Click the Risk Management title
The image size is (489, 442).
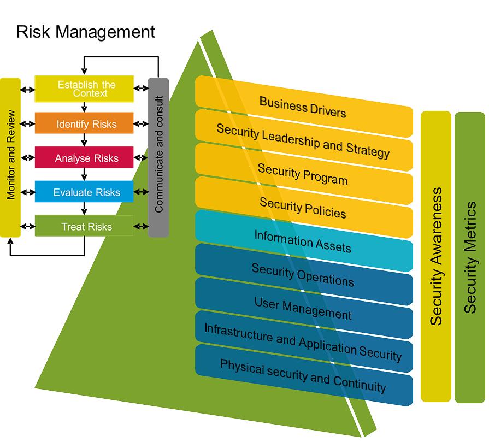click(86, 31)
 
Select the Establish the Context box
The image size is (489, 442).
click(84, 89)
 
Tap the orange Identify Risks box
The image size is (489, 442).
click(84, 124)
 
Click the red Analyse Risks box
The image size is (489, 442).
click(84, 158)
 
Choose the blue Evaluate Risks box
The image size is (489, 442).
click(84, 192)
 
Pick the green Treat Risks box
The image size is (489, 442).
click(84, 226)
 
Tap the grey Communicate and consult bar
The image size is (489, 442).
click(158, 157)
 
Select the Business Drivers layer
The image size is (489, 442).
click(303, 107)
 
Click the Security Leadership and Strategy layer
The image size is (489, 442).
click(303, 140)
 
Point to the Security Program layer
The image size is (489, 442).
click(303, 173)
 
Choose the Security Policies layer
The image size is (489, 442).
click(303, 207)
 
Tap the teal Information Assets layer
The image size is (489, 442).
click(303, 241)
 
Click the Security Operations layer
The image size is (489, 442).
click(303, 274)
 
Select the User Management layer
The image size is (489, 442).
click(303, 308)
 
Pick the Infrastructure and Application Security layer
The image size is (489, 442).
click(303, 341)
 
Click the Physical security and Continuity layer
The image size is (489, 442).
click(303, 375)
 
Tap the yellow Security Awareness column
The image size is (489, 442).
click(436, 257)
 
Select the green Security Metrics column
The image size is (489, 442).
click(470, 257)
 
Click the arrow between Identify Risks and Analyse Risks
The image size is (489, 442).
click(84, 140)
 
